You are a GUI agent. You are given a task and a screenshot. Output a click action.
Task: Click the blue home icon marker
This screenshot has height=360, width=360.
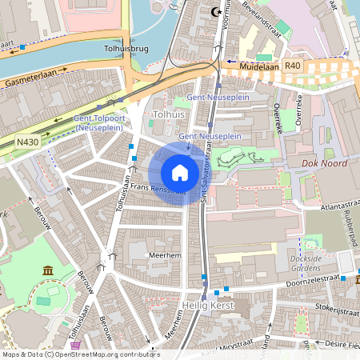pyautogui.click(x=179, y=172)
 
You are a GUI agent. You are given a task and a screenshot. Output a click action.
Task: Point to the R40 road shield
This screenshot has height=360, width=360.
pyautogui.click(x=293, y=65)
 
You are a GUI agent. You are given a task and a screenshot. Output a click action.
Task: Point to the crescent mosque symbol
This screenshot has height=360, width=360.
pyautogui.click(x=214, y=12)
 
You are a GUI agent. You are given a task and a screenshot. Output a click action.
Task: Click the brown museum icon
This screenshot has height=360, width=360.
pyautogui.click(x=48, y=270)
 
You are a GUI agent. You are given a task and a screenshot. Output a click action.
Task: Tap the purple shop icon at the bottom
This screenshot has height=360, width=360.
pyautogui.click(x=76, y=346)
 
